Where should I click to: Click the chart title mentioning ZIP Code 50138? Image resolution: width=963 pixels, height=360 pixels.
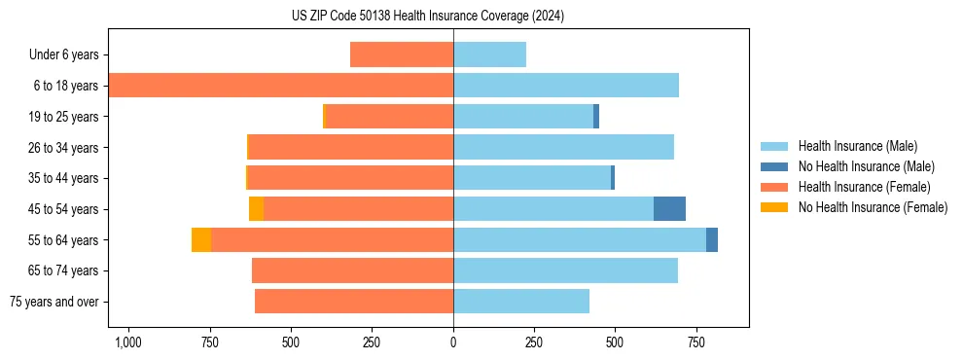pos(428,16)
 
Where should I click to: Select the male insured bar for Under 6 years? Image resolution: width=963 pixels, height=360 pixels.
pos(489,54)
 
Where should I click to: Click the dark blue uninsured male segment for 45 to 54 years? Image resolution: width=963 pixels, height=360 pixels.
pos(669,209)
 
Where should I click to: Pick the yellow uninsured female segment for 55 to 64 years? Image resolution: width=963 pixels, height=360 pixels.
pos(201,240)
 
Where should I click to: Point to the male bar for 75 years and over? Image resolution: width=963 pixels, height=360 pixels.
pos(521,302)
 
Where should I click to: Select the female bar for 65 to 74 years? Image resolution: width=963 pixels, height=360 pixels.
pos(352,270)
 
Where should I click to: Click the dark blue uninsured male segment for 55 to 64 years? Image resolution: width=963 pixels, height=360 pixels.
pos(712,240)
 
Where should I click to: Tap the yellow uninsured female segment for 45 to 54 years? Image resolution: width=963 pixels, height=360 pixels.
pos(256,209)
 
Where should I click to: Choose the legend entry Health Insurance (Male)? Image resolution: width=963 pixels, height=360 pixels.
pos(857,146)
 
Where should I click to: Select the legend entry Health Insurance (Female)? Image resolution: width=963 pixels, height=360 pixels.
pos(864,187)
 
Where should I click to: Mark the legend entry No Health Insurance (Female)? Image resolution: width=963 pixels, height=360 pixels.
pos(873,207)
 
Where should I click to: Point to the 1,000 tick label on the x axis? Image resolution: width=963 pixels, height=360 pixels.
pos(127,342)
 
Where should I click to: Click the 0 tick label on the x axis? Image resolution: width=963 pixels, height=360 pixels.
pos(453,342)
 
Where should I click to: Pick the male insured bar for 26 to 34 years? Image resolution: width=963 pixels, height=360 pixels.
pos(563,147)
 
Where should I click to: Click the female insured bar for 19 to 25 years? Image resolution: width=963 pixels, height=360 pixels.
pos(389,117)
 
